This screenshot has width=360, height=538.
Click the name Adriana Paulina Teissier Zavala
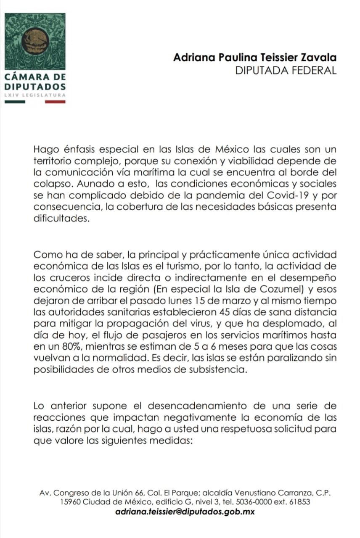255,58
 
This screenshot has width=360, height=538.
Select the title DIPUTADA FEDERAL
286,70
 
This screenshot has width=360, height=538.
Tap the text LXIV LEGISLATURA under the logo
35,95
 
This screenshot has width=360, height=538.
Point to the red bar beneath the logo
55,101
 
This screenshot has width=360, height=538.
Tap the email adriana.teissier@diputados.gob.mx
185,512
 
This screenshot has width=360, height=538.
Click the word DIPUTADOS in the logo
35,86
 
